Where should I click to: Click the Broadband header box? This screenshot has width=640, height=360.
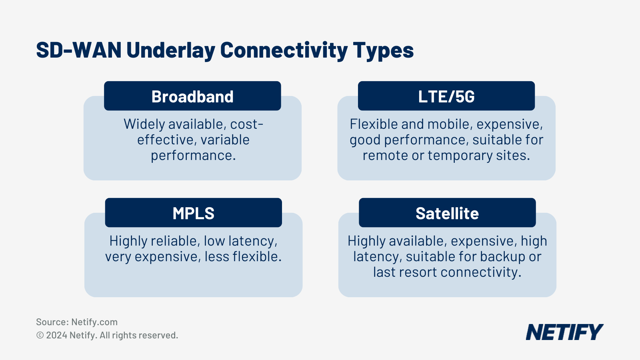point(192,96)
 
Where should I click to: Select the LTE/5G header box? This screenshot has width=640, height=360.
point(446,96)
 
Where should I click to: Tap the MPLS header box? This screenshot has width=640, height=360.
point(193,213)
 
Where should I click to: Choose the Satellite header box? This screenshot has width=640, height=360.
point(447,213)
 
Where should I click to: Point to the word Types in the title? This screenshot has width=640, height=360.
point(383,51)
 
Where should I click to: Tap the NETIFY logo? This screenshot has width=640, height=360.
point(564,332)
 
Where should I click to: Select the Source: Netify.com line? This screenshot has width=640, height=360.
point(77,322)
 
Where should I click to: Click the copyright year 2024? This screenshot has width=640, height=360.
point(56,335)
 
